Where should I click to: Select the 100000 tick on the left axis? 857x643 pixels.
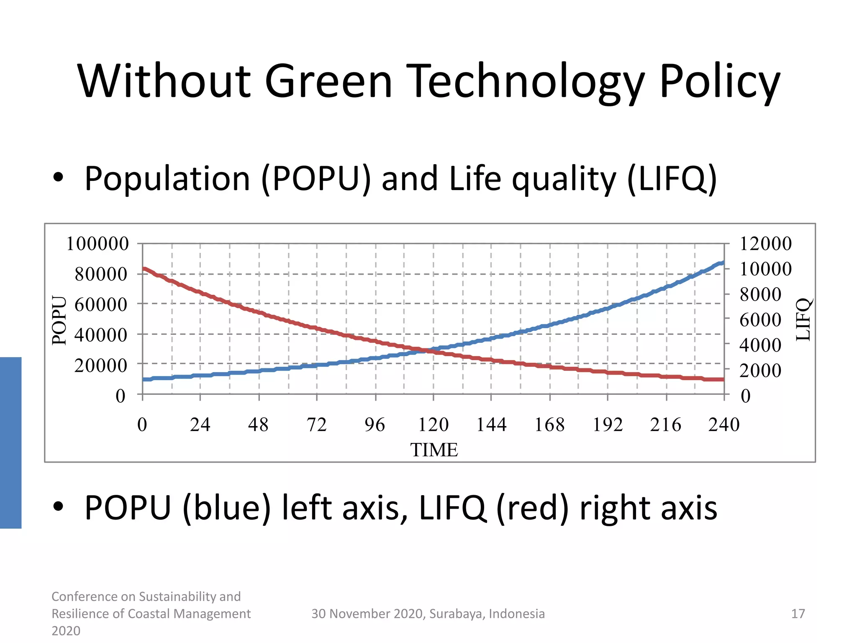coord(98,244)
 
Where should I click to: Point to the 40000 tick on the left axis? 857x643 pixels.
coord(101,335)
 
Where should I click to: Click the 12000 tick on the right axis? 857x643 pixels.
coord(765,244)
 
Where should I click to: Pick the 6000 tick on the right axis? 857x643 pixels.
coord(760,320)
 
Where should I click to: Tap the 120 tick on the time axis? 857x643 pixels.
coord(433,425)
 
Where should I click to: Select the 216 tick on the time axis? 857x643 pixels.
coord(665,425)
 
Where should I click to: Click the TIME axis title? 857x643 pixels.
coord(434,450)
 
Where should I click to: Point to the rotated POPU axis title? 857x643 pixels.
coord(59,320)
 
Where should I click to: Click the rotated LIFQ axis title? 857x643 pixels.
coord(803,320)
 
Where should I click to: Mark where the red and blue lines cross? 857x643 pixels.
coord(427,350)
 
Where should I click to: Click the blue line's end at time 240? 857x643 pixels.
coord(723,263)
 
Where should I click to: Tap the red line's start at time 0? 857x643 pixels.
coord(144,269)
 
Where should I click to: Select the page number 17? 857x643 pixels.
coord(798,614)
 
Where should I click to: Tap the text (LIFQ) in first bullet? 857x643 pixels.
coord(672,179)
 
